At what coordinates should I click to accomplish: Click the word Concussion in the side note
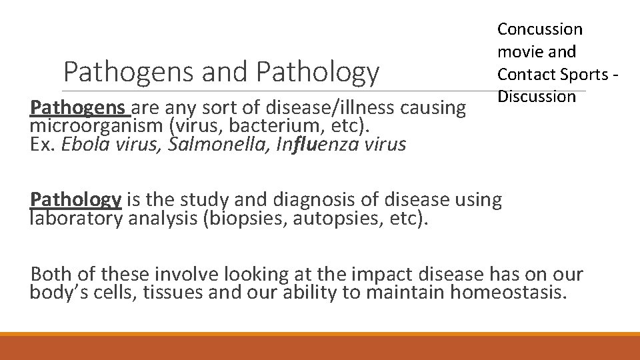540,29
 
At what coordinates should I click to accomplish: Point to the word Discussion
536,97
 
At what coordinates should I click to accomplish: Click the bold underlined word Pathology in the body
75,199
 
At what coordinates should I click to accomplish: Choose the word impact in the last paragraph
371,274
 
